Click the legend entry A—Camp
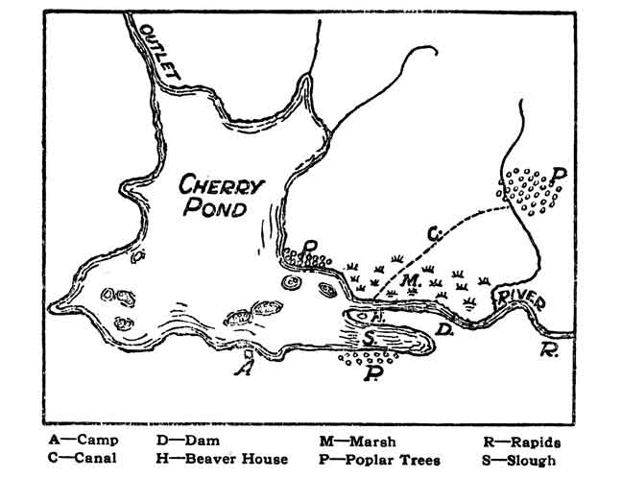[x=83, y=442]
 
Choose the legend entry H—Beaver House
[x=222, y=460]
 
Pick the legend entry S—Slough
[x=522, y=460]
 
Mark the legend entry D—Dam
[x=189, y=442]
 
